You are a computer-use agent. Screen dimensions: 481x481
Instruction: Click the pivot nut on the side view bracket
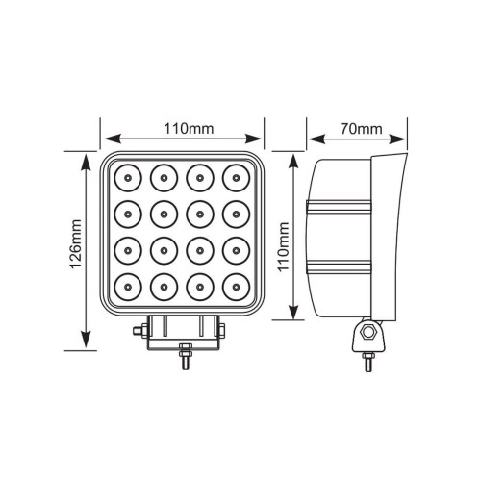[x=367, y=334]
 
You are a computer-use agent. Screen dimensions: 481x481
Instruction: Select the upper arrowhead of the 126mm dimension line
[x=85, y=156]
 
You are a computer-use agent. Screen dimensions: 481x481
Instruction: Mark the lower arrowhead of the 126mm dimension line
[x=85, y=343]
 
